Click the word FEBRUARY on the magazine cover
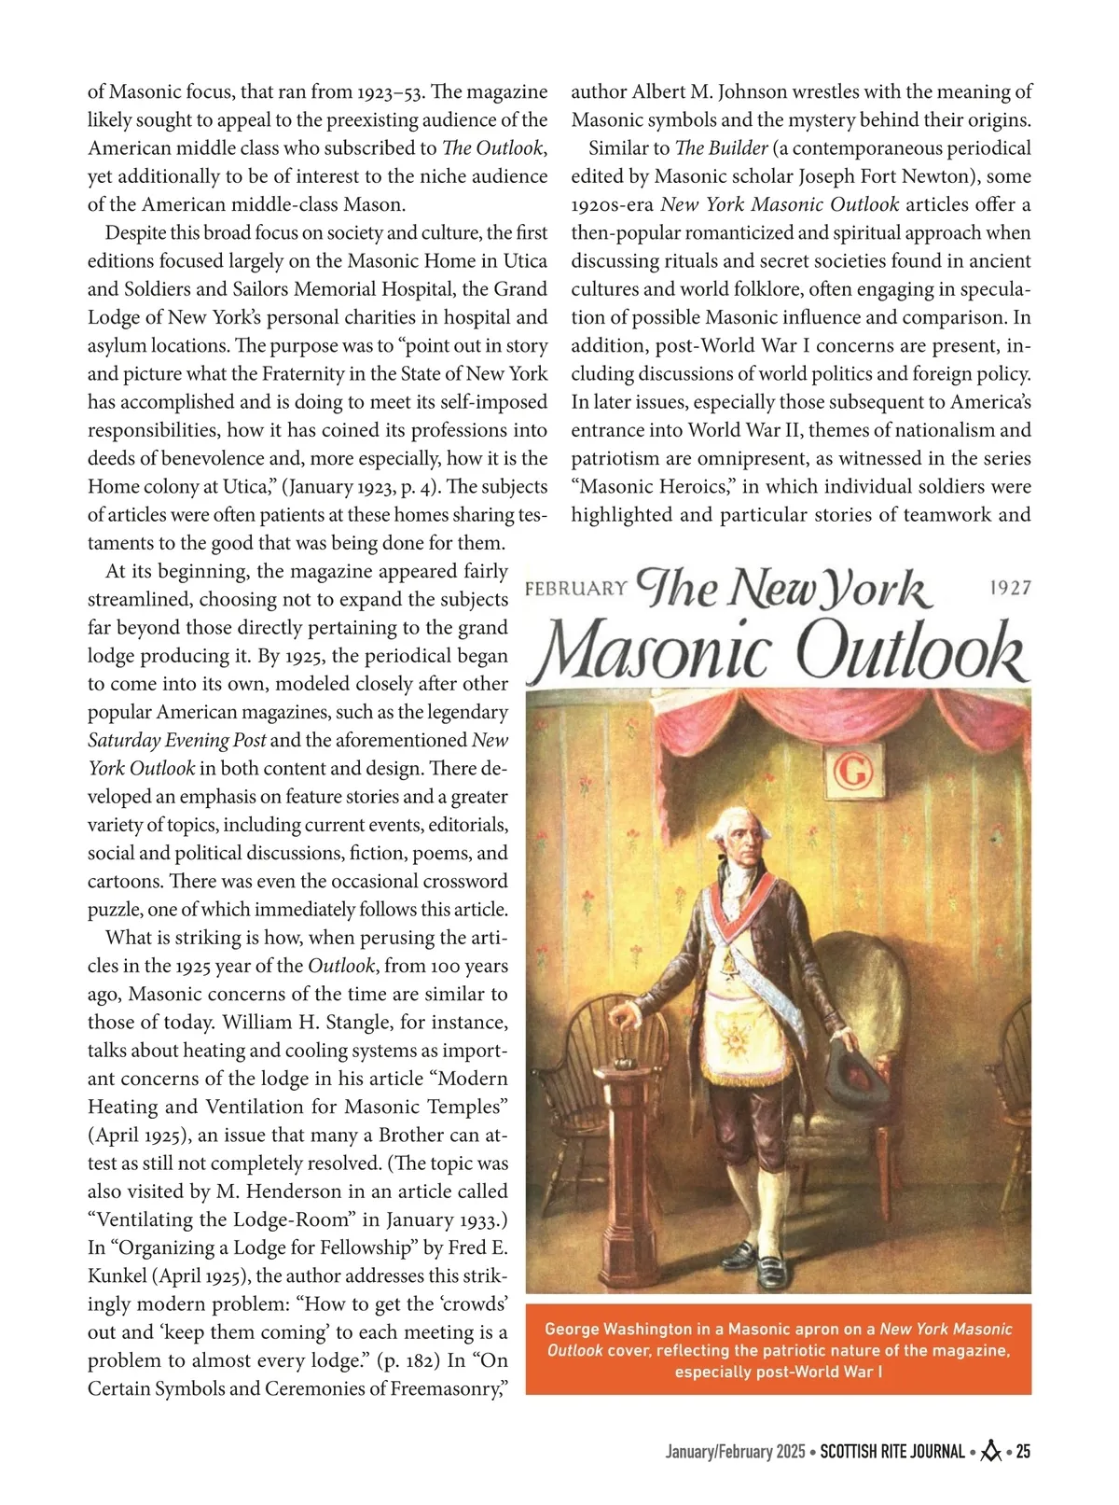pyautogui.click(x=575, y=588)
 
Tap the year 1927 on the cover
pyautogui.click(x=1009, y=587)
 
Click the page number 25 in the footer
pyautogui.click(x=1022, y=1452)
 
